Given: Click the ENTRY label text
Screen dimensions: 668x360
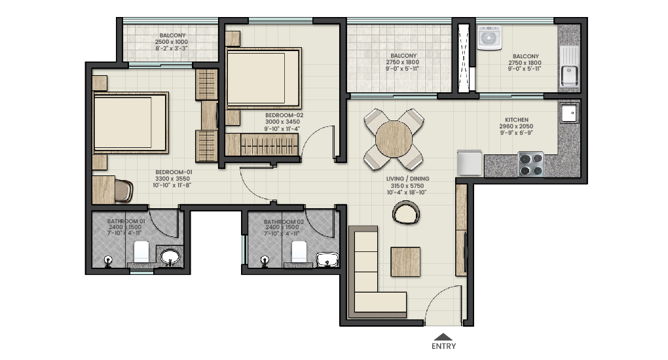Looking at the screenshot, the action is [x=443, y=346].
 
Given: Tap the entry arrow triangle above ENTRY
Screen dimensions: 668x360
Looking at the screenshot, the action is [x=443, y=336].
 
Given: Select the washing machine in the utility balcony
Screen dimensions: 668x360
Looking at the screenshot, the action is [x=489, y=38].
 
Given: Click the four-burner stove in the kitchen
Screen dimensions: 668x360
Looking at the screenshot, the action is [x=531, y=164].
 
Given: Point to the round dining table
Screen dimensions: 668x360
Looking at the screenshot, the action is [x=394, y=139].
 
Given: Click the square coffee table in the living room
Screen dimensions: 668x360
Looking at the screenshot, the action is [x=405, y=262].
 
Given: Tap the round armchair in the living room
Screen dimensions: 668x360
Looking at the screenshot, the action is [x=405, y=213].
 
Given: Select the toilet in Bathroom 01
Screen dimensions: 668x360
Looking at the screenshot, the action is [x=141, y=252].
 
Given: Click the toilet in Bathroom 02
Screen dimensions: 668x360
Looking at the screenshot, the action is [x=299, y=252].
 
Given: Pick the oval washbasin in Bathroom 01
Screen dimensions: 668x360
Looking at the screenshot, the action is [x=170, y=257].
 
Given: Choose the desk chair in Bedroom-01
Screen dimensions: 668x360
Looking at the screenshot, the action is [x=124, y=191].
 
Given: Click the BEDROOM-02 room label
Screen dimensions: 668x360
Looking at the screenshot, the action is [x=284, y=115].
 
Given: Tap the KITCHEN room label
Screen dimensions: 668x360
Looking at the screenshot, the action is [x=517, y=120].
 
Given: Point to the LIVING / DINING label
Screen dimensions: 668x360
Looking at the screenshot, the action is [x=408, y=179].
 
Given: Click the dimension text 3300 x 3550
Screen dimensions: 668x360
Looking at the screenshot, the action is [x=172, y=179].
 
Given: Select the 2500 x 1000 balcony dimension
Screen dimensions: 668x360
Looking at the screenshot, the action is [x=172, y=42].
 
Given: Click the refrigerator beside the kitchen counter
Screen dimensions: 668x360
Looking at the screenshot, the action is [x=470, y=162].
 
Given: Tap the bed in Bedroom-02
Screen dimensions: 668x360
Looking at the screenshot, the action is [x=263, y=78].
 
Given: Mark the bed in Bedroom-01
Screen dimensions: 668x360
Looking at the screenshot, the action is [x=130, y=122].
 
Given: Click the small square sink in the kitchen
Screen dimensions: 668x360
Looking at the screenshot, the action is [x=569, y=113].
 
